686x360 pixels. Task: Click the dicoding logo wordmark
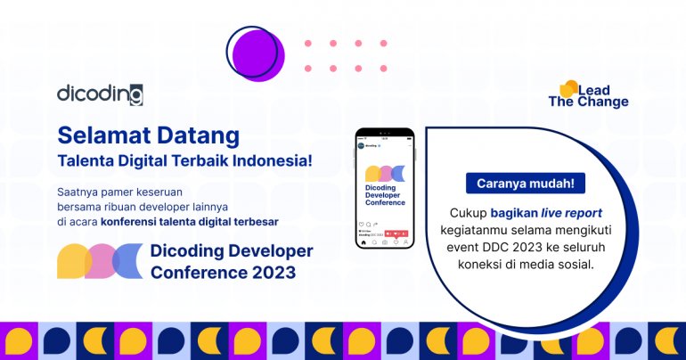(100, 94)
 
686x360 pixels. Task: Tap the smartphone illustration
(385, 187)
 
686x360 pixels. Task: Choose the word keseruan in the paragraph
(183, 191)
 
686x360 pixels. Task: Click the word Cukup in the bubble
(467, 213)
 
